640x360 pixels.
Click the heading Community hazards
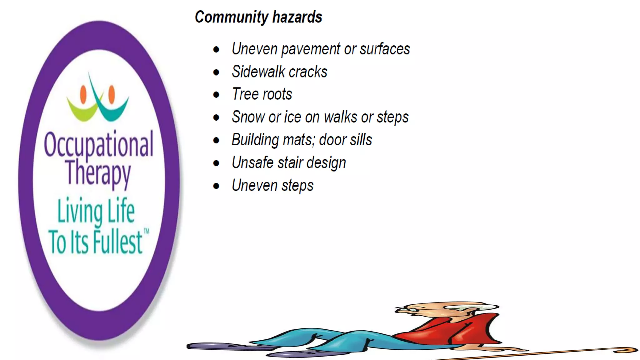(x=258, y=17)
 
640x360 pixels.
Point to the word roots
(x=277, y=94)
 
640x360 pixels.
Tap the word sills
(x=361, y=140)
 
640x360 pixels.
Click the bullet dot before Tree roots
(x=216, y=95)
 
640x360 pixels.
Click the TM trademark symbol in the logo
(x=146, y=231)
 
